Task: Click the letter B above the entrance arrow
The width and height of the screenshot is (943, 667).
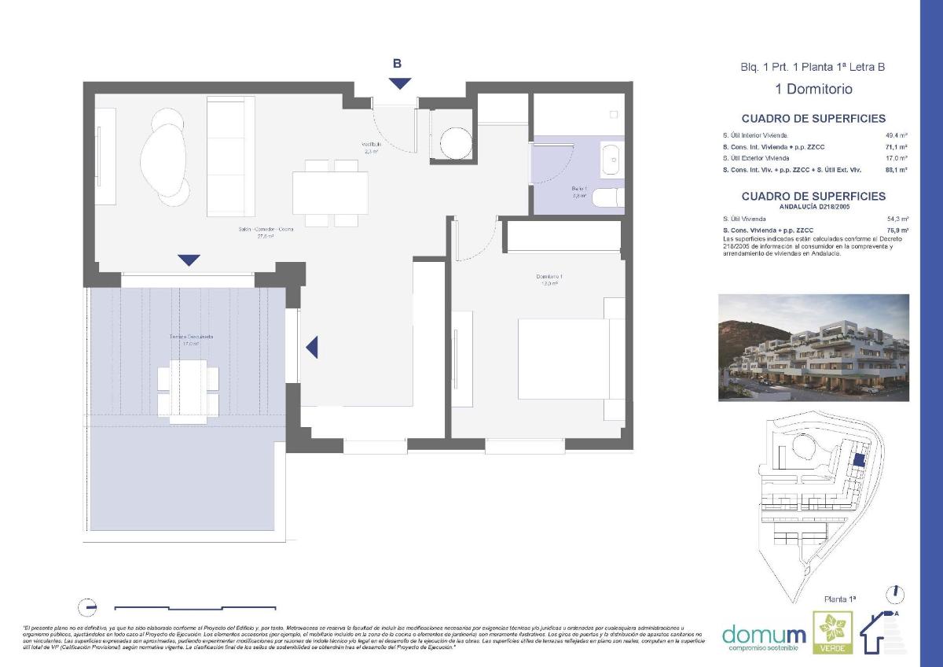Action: pos(398,64)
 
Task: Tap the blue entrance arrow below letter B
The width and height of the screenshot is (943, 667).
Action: pos(399,83)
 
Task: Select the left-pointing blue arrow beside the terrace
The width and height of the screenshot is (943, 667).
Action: pos(312,347)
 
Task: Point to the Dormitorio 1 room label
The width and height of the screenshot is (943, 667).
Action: pos(549,277)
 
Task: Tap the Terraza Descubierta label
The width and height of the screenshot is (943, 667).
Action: pos(192,339)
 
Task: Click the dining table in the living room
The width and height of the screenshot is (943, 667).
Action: pos(330,193)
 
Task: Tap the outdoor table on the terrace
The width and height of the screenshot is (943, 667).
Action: pos(188,389)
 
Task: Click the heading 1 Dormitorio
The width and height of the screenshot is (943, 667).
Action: pos(813,89)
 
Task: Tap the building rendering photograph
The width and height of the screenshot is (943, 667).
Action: pos(813,348)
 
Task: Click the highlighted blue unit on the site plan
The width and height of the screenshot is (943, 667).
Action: pos(859,460)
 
